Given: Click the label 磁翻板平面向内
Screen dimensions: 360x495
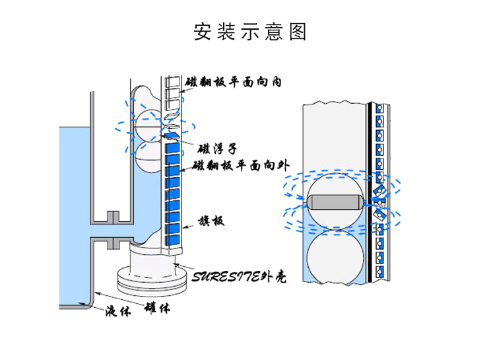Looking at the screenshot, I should (x=234, y=83).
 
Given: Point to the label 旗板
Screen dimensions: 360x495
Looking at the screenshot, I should (x=211, y=221).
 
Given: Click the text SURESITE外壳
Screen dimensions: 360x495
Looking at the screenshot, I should (x=240, y=276).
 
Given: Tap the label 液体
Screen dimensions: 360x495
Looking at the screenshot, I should (x=117, y=311).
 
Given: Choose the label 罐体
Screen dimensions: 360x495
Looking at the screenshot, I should (x=158, y=307).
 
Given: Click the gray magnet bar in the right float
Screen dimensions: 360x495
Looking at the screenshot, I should (x=334, y=201).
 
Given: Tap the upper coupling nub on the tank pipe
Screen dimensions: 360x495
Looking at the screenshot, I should (x=112, y=216).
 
